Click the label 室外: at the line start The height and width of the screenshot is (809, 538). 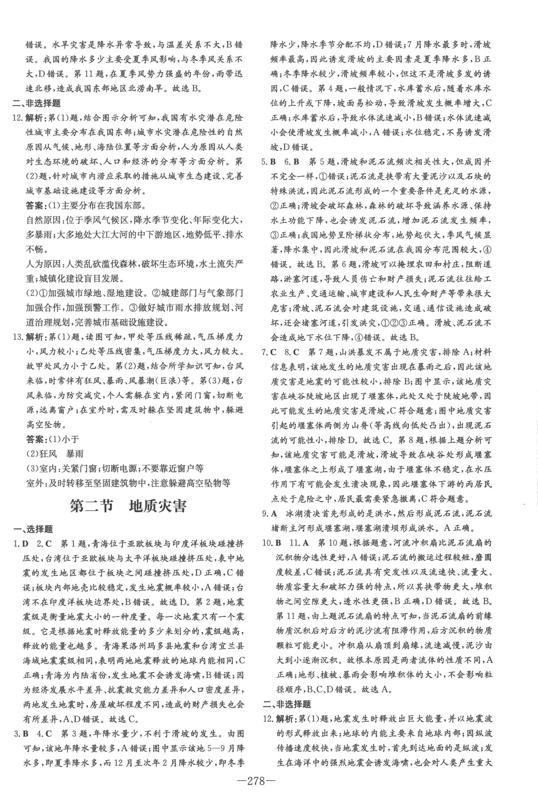coord(36,483)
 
